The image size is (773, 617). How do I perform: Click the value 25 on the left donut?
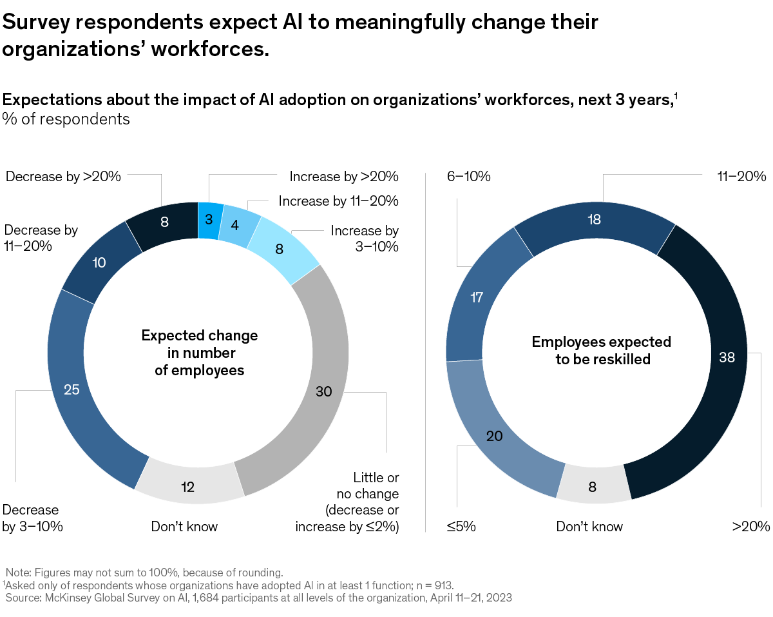pyautogui.click(x=72, y=389)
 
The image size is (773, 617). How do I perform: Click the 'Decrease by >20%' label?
pyautogui.click(x=63, y=176)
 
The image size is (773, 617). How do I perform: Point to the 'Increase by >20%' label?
pyautogui.click(x=344, y=176)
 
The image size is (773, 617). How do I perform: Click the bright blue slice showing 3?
pyautogui.click(x=209, y=219)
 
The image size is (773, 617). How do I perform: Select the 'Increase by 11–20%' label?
pyautogui.click(x=338, y=201)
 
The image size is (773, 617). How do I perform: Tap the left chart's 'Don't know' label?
pyautogui.click(x=184, y=526)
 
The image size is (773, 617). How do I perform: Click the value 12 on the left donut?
pyautogui.click(x=188, y=486)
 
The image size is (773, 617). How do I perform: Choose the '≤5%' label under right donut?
pyautogui.click(x=461, y=526)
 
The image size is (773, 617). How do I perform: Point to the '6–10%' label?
pyautogui.click(x=469, y=176)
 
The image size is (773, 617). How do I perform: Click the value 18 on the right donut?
pyautogui.click(x=594, y=219)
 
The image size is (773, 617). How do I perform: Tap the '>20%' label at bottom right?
pyautogui.click(x=750, y=526)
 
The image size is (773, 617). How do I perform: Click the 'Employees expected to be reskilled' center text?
pyautogui.click(x=602, y=350)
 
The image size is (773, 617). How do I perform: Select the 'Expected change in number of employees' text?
pyautogui.click(x=199, y=353)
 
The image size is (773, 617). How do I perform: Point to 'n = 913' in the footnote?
pyautogui.click(x=435, y=585)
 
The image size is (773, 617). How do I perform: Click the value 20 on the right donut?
pyautogui.click(x=494, y=436)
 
